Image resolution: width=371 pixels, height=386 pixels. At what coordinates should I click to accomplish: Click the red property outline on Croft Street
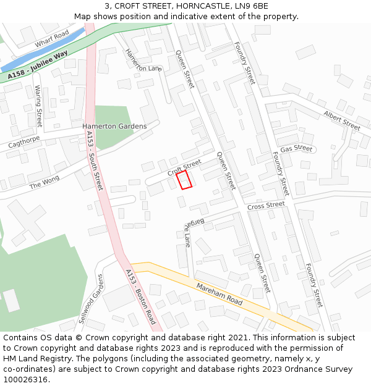point(184,180)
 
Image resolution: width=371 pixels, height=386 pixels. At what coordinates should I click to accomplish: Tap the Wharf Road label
point(52,38)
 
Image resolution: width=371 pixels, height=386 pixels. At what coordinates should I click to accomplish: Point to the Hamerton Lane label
point(143,61)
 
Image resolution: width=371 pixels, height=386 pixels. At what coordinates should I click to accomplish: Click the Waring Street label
point(38,106)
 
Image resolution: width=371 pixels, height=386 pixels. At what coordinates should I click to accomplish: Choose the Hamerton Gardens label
point(114,126)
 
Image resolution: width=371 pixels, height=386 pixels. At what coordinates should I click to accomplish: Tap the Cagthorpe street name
point(24,143)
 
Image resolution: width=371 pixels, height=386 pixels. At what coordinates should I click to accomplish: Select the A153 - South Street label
point(95,161)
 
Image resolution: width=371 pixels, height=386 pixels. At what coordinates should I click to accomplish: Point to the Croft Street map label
point(184,167)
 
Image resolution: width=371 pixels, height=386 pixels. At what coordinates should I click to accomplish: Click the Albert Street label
point(341,120)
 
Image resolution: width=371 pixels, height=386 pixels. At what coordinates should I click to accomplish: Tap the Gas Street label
point(296,149)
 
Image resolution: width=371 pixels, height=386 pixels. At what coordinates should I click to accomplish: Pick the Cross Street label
point(266,205)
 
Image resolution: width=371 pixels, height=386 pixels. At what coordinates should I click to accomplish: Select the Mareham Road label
point(220,294)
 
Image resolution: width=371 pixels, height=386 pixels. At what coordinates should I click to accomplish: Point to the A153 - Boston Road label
point(140,297)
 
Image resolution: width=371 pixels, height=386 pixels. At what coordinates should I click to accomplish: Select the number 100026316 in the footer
point(26,379)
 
